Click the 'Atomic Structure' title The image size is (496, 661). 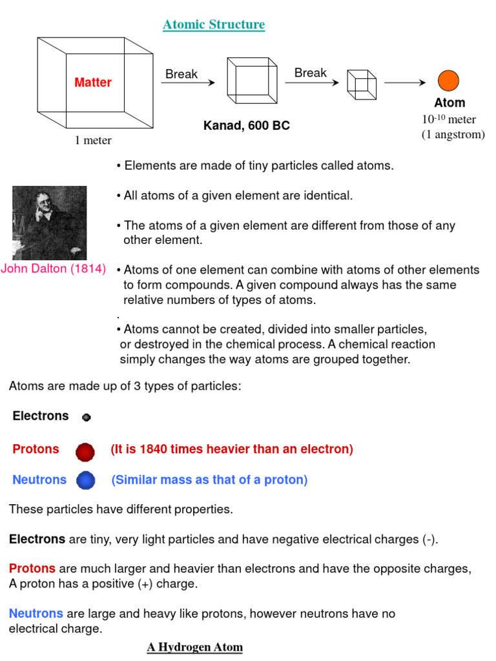pyautogui.click(x=214, y=25)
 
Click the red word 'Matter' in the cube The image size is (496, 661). pyautogui.click(x=93, y=83)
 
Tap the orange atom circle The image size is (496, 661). pyautogui.click(x=448, y=81)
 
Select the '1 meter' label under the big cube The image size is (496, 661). pyautogui.click(x=93, y=140)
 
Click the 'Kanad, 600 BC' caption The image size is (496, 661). pyautogui.click(x=247, y=126)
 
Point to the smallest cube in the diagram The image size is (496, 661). pyautogui.click(x=362, y=84)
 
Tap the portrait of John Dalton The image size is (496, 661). pyautogui.click(x=50, y=223)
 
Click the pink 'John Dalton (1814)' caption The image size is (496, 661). pyautogui.click(x=54, y=269)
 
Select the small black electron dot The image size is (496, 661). pyautogui.click(x=87, y=418)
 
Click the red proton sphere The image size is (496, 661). pyautogui.click(x=85, y=452)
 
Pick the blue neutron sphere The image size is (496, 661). pyautogui.click(x=85, y=481)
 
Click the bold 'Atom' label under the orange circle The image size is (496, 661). pyautogui.click(x=449, y=103)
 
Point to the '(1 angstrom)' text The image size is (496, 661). pyautogui.click(x=453, y=134)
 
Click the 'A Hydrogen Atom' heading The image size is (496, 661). pyautogui.click(x=195, y=647)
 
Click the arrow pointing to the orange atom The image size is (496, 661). pyautogui.click(x=405, y=83)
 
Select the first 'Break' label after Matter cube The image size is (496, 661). pyautogui.click(x=181, y=74)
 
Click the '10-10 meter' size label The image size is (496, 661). pyautogui.click(x=449, y=119)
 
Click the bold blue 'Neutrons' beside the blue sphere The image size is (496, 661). pyautogui.click(x=39, y=480)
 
